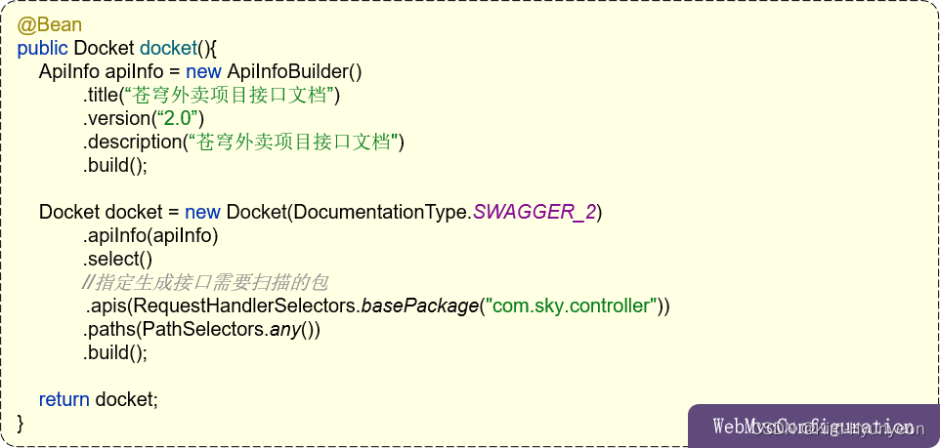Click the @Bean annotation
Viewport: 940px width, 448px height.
49,24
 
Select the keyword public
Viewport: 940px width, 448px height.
42,48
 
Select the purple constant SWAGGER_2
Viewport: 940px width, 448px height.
534,212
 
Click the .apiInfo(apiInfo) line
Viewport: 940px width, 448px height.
150,235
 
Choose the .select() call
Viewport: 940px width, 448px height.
117,259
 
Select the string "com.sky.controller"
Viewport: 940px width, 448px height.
572,305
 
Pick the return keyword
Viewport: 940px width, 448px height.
64,399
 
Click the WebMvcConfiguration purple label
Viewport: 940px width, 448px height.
813,427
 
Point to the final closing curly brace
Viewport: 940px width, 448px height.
21,423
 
